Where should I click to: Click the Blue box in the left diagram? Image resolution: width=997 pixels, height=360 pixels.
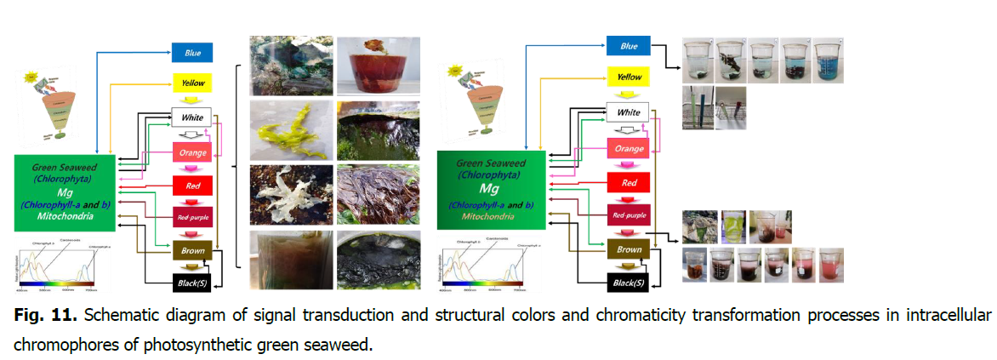191,52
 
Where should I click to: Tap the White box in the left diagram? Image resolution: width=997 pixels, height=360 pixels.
191,117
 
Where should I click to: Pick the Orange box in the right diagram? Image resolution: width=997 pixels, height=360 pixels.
628,147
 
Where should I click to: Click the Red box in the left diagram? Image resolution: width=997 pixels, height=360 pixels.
192,185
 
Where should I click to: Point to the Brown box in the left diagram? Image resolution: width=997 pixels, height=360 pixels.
192,251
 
